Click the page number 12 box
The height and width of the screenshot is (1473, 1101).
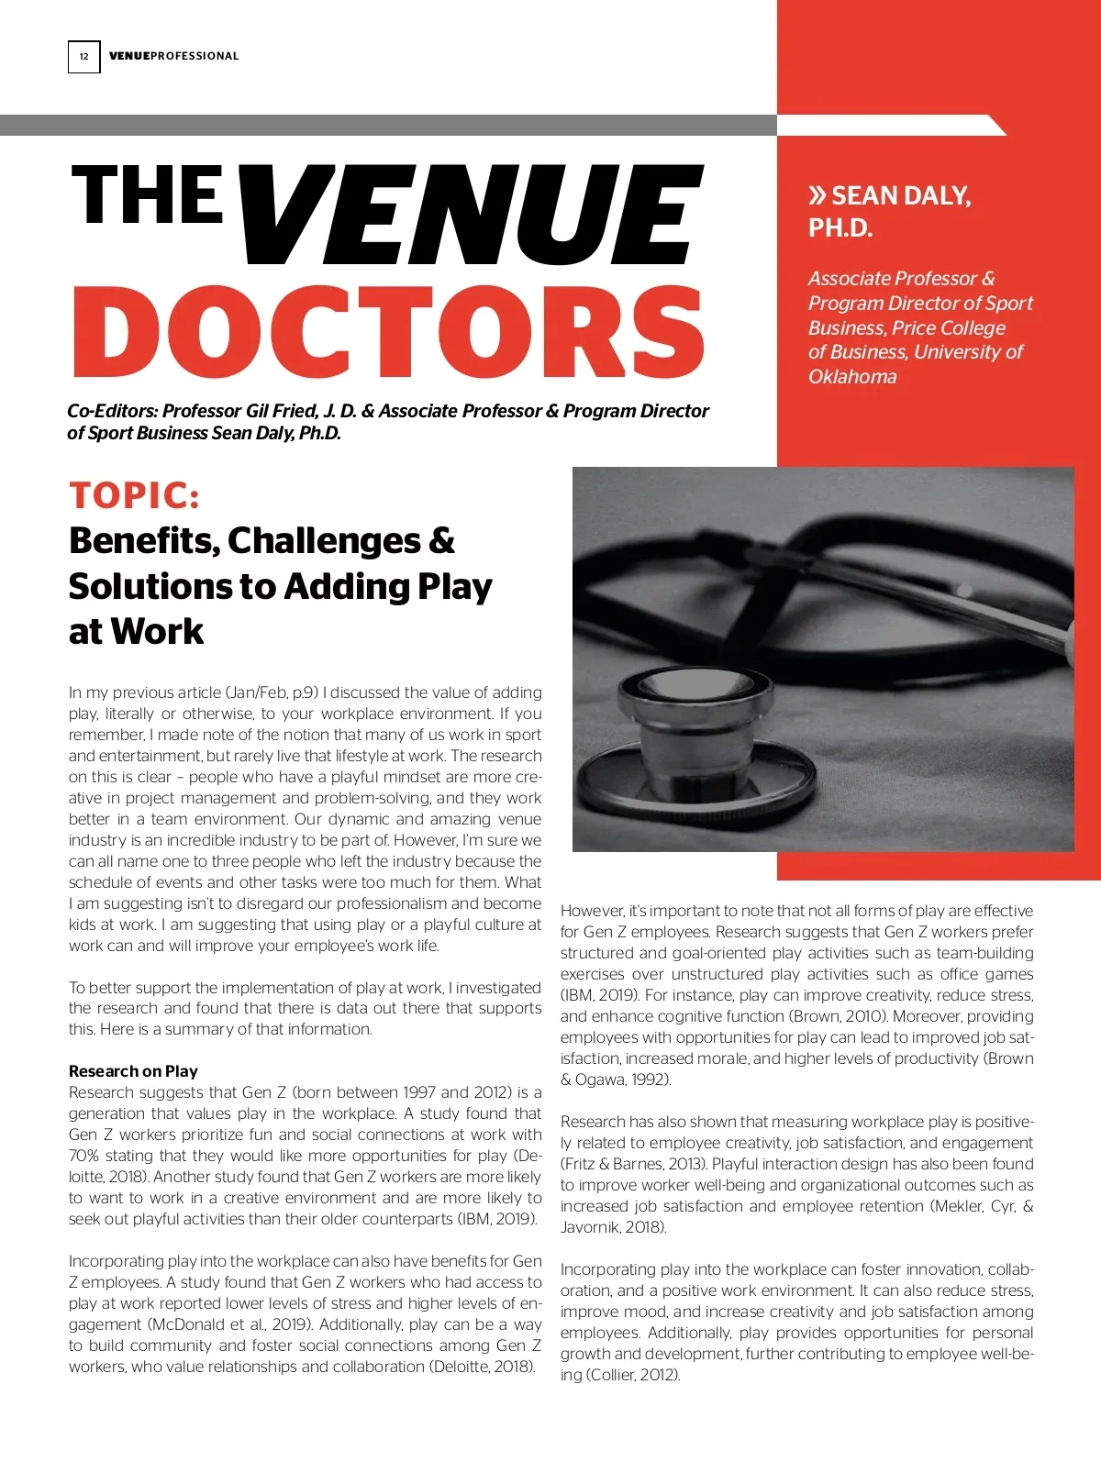(x=83, y=57)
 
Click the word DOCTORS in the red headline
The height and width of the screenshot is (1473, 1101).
(x=388, y=332)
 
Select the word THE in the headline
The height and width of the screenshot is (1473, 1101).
(x=147, y=195)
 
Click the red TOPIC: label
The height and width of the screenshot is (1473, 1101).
(x=134, y=495)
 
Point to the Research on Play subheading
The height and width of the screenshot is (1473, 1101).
(x=133, y=1070)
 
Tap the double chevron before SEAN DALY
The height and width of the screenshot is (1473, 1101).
(x=817, y=195)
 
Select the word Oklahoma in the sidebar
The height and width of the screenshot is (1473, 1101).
(x=852, y=377)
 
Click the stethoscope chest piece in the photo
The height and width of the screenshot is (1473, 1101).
(x=697, y=743)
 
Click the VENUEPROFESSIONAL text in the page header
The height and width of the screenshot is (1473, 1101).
(x=173, y=57)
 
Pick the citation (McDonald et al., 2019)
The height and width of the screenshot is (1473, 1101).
(x=215, y=1324)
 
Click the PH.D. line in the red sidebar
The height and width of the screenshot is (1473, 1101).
(x=840, y=227)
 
